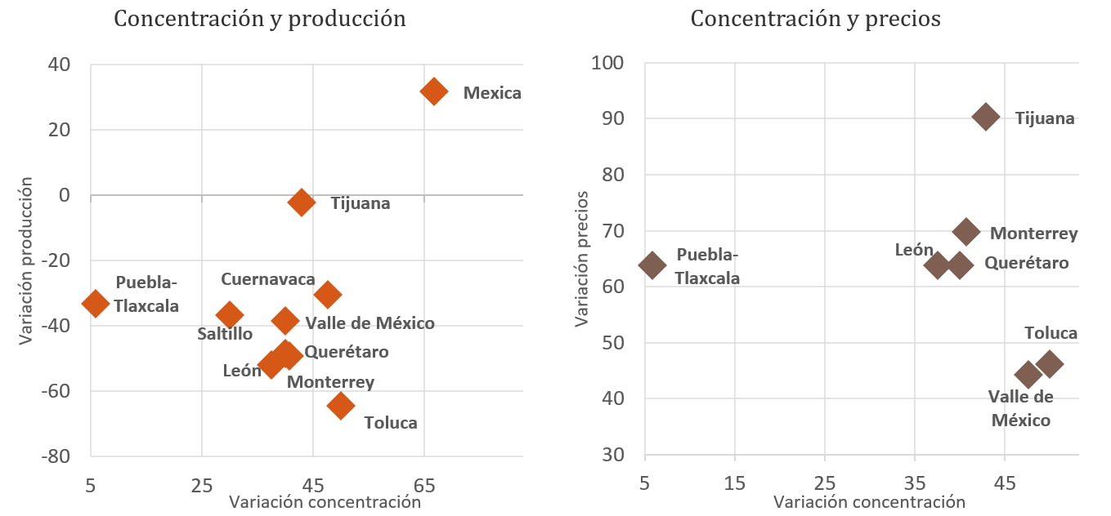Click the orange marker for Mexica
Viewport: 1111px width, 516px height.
[433, 91]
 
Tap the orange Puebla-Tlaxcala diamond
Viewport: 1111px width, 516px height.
[96, 303]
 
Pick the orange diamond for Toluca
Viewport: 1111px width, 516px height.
[341, 405]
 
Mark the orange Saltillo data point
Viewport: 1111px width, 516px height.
[230, 314]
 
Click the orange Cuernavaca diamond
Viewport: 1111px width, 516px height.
[328, 294]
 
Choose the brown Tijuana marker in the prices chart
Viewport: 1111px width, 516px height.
[986, 117]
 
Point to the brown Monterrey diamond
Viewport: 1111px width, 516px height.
[966, 232]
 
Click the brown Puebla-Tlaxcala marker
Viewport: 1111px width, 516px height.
[652, 265]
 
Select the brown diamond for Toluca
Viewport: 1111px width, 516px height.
[1050, 364]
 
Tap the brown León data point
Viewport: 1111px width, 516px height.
[937, 265]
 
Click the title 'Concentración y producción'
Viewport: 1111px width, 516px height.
[260, 19]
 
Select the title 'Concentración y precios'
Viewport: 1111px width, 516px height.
[815, 19]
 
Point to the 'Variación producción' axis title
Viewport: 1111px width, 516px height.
[27, 260]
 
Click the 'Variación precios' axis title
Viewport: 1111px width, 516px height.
[582, 259]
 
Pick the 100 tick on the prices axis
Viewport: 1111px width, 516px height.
[607, 64]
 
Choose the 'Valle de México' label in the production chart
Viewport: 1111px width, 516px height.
[370, 323]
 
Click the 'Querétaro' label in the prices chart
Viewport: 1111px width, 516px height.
[1026, 263]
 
